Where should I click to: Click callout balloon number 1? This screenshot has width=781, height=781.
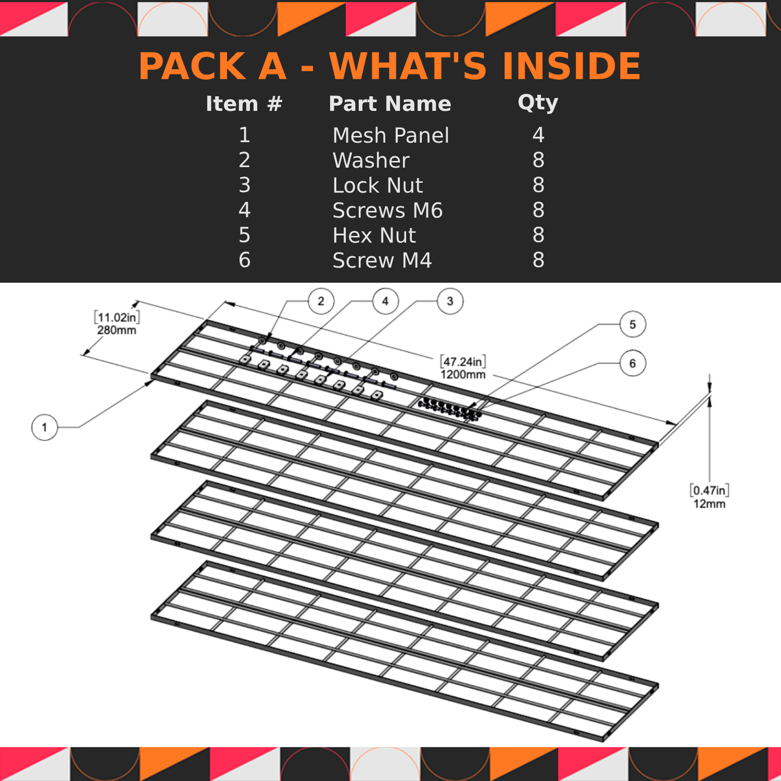[44, 427]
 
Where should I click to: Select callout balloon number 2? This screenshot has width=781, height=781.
[321, 301]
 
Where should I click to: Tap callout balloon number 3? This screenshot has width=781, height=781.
[450, 301]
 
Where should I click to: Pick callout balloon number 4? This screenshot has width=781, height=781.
[385, 301]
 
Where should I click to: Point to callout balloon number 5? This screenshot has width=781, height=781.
[632, 324]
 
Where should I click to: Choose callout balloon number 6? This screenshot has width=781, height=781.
[632, 363]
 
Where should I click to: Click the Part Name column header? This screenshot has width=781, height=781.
[390, 104]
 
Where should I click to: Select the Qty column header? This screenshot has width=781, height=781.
[538, 103]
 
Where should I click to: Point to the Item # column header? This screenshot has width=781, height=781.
[244, 104]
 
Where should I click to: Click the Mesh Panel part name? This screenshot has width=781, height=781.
[390, 135]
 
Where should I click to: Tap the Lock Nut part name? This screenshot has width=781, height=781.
[377, 185]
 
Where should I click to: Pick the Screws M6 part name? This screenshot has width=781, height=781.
[388, 210]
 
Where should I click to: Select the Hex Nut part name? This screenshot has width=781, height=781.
[374, 236]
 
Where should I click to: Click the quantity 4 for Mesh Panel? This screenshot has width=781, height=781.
[538, 135]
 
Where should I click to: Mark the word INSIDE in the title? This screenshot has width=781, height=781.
[571, 66]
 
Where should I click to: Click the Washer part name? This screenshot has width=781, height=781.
[371, 161]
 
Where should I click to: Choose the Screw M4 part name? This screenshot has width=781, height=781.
[382, 261]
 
